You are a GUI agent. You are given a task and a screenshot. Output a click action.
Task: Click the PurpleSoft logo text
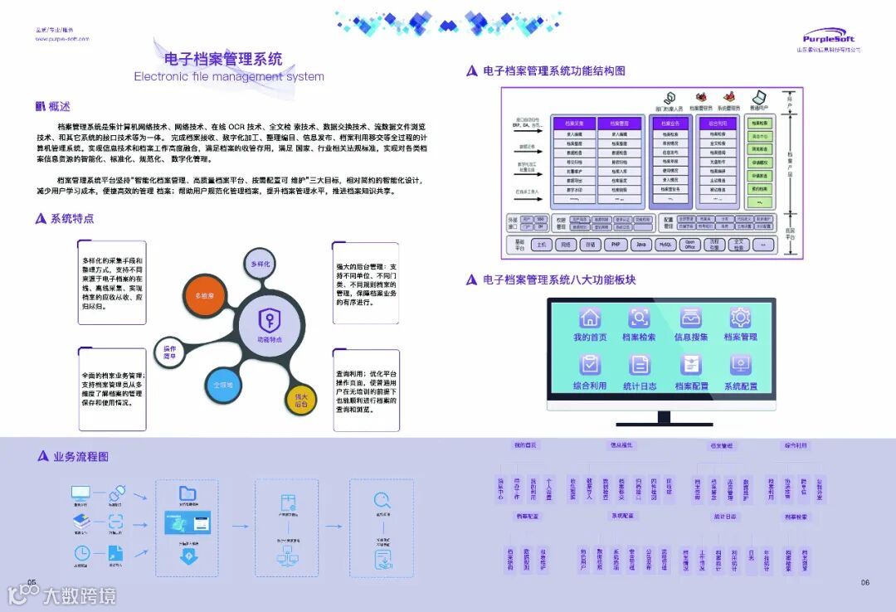(x=830, y=37)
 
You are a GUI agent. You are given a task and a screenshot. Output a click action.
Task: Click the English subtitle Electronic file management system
(x=229, y=76)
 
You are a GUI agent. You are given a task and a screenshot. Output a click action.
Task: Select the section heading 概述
(x=53, y=106)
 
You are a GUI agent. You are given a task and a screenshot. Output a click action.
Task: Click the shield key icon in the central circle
(x=269, y=319)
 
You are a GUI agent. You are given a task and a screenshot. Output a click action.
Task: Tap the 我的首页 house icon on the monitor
(x=589, y=318)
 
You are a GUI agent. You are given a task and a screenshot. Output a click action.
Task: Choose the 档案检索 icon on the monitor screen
(x=640, y=318)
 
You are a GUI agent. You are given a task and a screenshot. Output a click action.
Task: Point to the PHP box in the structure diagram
(x=615, y=245)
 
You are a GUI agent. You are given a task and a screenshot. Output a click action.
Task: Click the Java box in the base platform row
(x=640, y=245)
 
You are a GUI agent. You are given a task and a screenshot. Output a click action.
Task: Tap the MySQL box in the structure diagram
(x=665, y=245)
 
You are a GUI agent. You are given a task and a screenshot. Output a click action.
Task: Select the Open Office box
(x=689, y=245)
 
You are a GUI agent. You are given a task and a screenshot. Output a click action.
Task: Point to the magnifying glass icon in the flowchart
(x=382, y=500)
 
